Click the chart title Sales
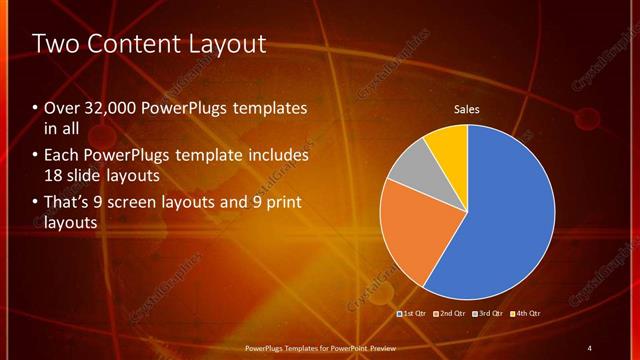tap(467, 109)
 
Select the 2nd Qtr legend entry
tap(449, 314)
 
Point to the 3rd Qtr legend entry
tap(487, 314)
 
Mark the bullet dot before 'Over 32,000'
tap(36, 108)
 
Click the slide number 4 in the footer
tap(589, 347)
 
